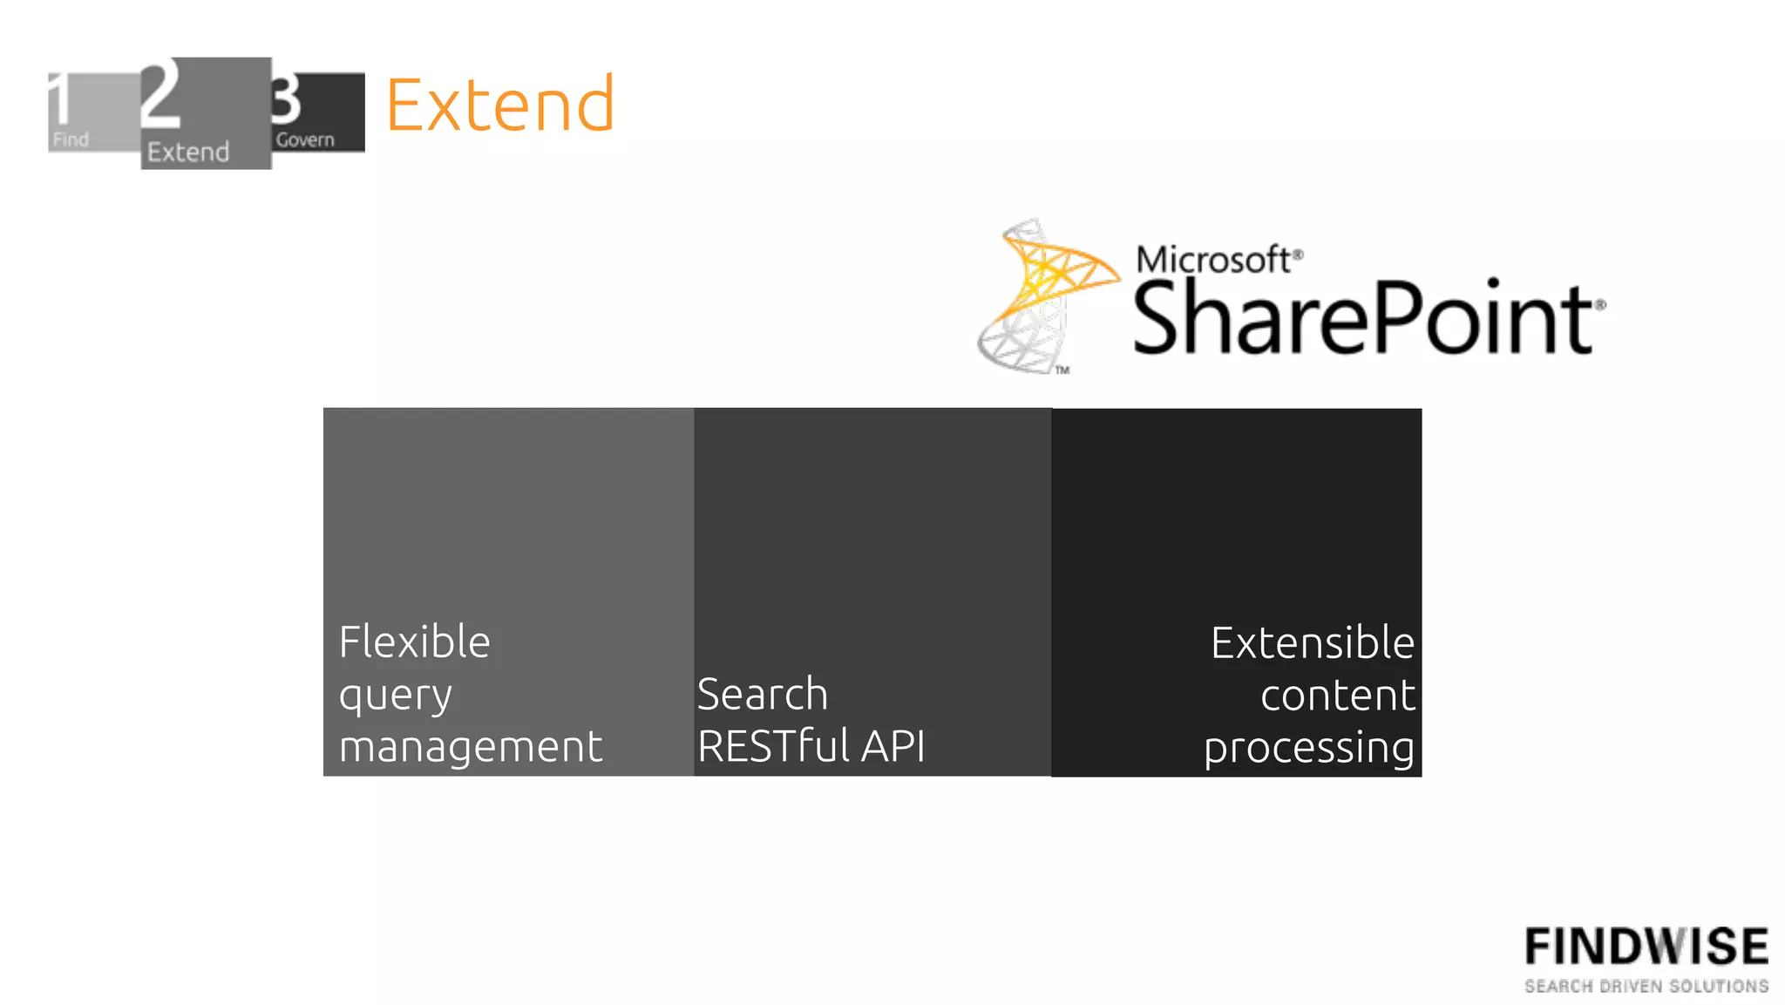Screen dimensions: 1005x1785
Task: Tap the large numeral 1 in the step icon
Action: [x=59, y=98]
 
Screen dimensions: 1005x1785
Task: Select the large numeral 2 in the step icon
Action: [x=160, y=95]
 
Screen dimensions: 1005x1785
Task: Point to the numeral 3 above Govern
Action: [x=285, y=99]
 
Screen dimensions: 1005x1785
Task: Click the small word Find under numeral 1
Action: [x=71, y=139]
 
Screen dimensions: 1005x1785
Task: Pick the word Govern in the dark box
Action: [x=305, y=139]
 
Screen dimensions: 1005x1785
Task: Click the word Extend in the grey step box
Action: [x=188, y=152]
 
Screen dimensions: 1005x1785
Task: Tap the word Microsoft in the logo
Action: [x=1213, y=260]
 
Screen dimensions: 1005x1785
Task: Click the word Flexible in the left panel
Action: [x=414, y=642]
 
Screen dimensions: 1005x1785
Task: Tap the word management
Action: [x=470, y=747]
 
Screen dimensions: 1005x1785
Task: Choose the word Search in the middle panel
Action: [x=762, y=695]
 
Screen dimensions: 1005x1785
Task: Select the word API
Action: [x=892, y=746]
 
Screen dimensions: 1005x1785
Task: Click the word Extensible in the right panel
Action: [x=1312, y=643]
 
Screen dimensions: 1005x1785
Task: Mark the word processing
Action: [x=1308, y=749]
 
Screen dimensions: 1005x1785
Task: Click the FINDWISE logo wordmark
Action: [x=1646, y=947]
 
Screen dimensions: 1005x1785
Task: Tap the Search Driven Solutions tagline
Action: [x=1646, y=986]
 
